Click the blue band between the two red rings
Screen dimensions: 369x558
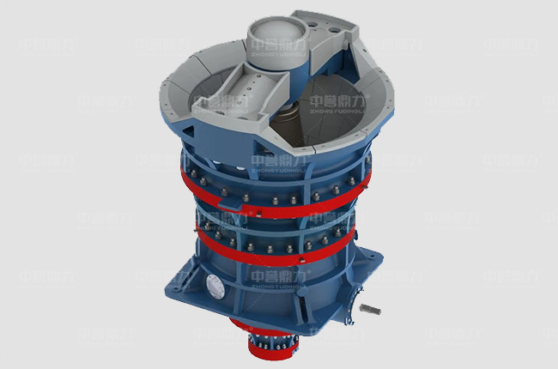click(x=275, y=225)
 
